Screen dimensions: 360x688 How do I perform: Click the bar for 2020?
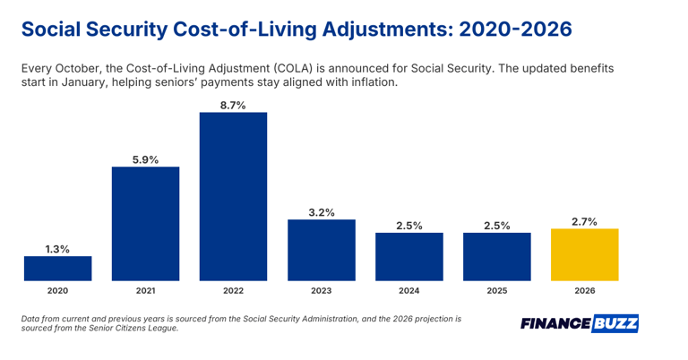tap(57, 269)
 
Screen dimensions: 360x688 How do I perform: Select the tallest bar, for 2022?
tap(233, 197)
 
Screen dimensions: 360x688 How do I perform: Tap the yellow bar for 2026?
tap(584, 255)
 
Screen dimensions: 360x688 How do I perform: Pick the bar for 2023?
tap(321, 251)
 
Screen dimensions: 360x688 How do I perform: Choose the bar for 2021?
tap(145, 224)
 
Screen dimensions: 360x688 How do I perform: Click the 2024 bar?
tap(408, 257)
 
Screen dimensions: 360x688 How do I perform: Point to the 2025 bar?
tap(496, 257)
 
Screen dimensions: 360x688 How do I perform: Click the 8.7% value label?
tap(233, 105)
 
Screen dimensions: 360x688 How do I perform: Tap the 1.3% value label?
tap(57, 248)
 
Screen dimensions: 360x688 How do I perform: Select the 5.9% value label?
tap(145, 159)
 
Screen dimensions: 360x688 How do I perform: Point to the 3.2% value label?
tap(321, 212)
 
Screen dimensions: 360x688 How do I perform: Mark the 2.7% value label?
tap(584, 220)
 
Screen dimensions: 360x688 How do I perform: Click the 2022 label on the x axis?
tap(233, 291)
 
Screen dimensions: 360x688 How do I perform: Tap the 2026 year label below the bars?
tap(584, 291)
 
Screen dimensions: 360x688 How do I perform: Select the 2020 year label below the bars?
tap(57, 291)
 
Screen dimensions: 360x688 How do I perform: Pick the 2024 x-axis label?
tap(408, 291)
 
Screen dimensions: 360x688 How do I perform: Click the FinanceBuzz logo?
tap(579, 323)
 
